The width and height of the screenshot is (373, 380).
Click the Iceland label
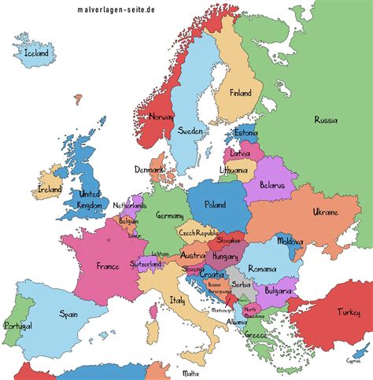point(37,53)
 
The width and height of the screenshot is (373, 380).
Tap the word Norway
point(160,117)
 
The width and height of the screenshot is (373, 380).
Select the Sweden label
point(191,131)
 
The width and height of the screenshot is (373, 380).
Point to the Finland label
point(241,93)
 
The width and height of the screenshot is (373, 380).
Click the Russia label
point(326,120)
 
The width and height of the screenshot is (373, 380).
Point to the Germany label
point(169,216)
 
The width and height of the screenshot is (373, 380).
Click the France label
point(107,266)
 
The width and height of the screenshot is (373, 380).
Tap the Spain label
point(68,313)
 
